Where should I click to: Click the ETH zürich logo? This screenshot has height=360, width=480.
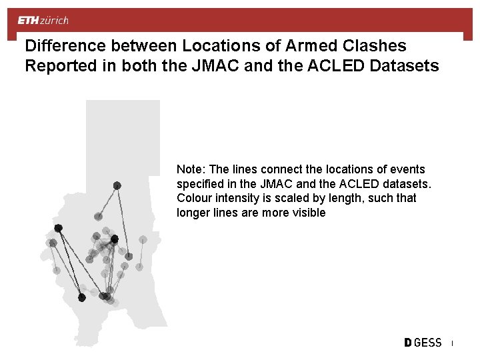[x=43, y=21]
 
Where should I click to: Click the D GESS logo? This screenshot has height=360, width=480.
[x=423, y=343]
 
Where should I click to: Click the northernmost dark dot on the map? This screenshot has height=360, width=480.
[x=117, y=185]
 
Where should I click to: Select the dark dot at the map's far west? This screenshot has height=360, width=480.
[x=58, y=228]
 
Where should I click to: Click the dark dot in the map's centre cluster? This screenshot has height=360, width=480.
[x=114, y=239]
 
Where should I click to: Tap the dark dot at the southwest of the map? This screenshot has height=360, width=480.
[x=82, y=297]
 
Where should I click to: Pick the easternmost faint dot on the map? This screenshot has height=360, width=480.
[x=143, y=239]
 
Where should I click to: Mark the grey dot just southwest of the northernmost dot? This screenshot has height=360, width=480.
[x=98, y=216]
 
